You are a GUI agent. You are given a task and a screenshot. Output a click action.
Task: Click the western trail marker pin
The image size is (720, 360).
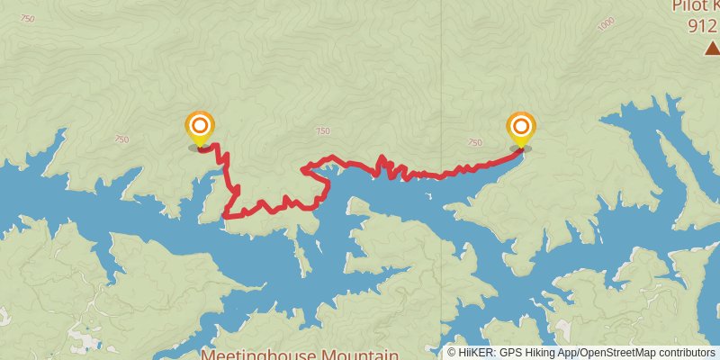[x=199, y=127]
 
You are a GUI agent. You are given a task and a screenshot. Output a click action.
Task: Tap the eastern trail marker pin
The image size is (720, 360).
[x=520, y=127]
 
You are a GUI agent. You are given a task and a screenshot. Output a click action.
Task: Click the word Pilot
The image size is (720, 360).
[x=688, y=6]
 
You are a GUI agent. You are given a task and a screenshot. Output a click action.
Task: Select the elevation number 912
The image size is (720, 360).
[x=702, y=26]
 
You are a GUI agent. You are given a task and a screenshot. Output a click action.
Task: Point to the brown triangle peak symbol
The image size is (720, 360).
[x=712, y=48]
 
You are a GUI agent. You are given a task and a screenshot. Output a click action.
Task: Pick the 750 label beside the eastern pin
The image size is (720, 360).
[x=475, y=142]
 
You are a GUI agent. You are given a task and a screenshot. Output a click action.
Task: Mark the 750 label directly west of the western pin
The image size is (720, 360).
[x=121, y=139]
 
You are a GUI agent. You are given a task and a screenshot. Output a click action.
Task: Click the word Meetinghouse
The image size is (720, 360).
[x=253, y=354]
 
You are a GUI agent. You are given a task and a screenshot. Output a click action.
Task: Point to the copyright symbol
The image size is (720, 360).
[x=452, y=353]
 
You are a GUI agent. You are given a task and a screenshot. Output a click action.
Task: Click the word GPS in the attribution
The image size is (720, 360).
[x=509, y=353]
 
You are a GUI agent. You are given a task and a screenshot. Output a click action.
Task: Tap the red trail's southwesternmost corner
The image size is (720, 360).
[x=225, y=216]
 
